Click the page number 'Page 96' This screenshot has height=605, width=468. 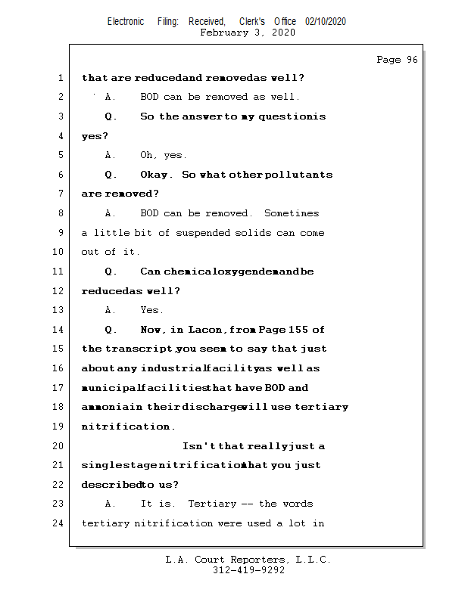397,60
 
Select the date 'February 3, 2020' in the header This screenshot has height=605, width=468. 248,33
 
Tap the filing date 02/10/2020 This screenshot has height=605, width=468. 326,22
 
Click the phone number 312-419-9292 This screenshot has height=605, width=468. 248,571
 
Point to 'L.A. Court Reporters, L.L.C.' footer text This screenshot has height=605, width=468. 248,560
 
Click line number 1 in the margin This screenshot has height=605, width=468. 60,78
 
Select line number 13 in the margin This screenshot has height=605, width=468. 58,310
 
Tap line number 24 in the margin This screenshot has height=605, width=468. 58,523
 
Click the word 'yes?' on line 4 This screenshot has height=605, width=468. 95,136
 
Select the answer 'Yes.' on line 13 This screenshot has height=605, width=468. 151,310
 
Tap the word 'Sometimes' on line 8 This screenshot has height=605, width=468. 292,213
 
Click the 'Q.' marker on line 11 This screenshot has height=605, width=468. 111,271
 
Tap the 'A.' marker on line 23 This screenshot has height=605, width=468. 111,504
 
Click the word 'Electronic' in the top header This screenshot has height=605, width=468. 126,22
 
